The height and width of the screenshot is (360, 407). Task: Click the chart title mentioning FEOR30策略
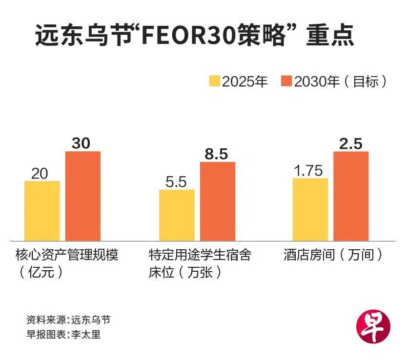pos(194,37)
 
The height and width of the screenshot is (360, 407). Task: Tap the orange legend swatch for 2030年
pos(287,81)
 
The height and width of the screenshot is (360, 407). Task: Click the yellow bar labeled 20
pos(42,210)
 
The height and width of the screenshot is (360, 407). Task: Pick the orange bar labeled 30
pos(83,196)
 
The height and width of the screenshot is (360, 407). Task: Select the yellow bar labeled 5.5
pos(177,215)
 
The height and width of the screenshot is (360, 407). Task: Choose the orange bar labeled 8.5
pos(217,200)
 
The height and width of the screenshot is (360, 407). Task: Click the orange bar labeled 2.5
pos(351,196)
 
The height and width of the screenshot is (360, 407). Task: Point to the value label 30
pos(81,143)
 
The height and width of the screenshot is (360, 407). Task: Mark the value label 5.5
pos(176,181)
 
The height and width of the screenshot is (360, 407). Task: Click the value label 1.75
pos(308,170)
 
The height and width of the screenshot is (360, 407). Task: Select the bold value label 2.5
pos(351,143)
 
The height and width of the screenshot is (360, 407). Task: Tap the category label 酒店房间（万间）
pos(332,255)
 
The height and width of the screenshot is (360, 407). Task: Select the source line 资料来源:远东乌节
pos(68,320)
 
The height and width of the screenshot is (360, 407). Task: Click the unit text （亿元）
pos(41,272)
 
